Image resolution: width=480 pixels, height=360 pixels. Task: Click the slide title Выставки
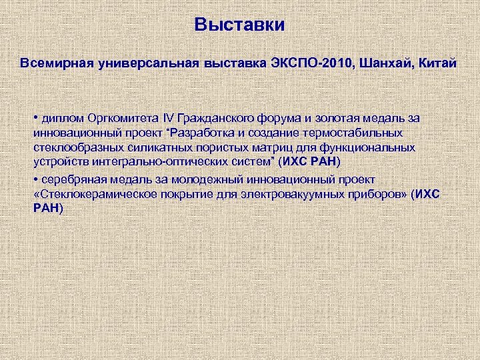[239, 25]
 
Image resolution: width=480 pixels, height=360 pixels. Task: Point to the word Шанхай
[384, 63]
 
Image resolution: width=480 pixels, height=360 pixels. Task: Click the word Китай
[437, 63]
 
